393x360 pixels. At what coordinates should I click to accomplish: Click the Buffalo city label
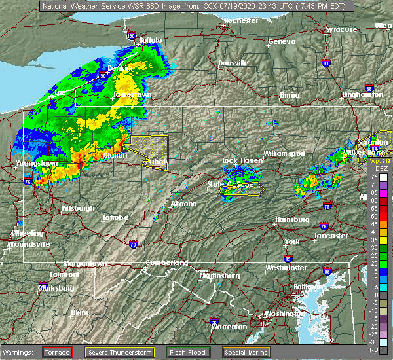151,41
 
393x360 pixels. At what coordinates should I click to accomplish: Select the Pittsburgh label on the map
78,208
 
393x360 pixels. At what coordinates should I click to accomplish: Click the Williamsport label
284,153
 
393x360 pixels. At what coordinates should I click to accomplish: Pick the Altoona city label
183,204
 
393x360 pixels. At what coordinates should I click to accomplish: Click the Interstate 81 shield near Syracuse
326,63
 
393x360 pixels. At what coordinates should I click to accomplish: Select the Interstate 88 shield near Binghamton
370,88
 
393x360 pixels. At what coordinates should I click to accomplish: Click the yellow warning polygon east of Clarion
149,151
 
